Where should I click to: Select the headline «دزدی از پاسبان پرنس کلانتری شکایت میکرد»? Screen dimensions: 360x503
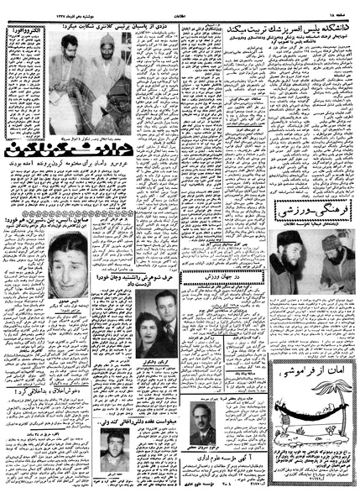pos(108,28)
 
